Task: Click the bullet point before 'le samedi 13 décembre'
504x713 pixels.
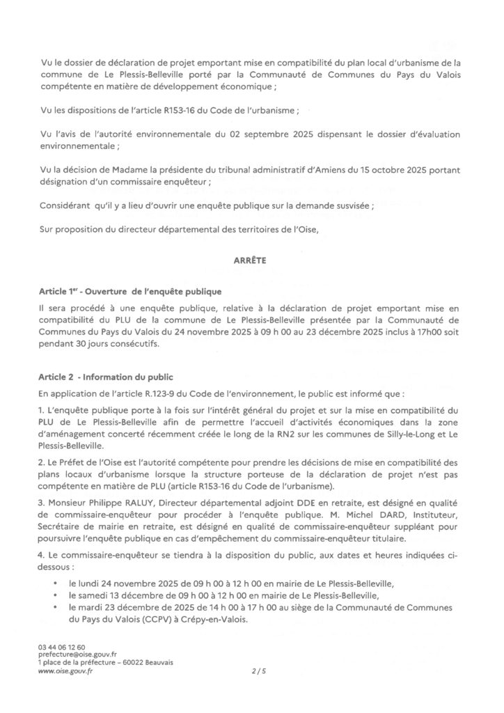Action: click(x=54, y=595)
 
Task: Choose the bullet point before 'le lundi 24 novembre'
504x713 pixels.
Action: click(x=54, y=582)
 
